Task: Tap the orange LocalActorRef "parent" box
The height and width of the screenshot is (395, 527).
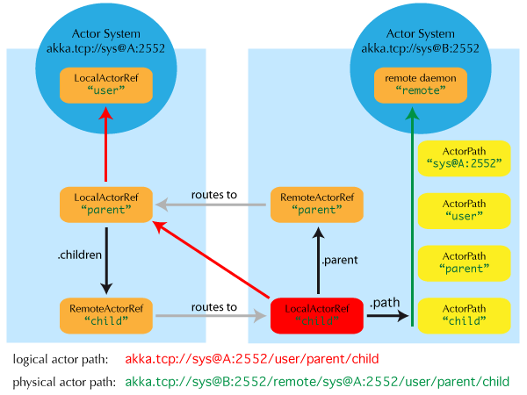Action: pos(106,204)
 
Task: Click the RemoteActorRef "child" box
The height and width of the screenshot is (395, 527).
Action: pos(106,314)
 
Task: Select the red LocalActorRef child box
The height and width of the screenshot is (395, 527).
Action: pos(317,314)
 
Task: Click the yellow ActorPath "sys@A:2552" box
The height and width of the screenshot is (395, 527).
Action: pos(464,156)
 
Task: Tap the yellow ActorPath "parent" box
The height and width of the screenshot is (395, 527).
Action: pos(464,262)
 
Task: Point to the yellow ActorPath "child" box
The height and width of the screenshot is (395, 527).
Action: pos(464,314)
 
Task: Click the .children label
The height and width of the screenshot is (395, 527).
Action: pos(80,255)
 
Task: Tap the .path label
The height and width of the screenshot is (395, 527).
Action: pos(385,303)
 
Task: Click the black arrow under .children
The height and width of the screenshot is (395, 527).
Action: pos(106,260)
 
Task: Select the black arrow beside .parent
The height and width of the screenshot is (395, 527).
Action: pos(318,260)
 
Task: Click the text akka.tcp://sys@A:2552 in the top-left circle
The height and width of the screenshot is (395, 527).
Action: pos(105,49)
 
